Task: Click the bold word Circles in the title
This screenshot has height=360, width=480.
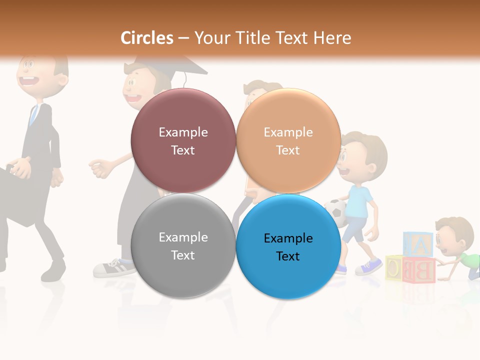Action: point(147,38)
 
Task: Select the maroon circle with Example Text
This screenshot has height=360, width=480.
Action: point(183,140)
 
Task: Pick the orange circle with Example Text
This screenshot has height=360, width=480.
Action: point(288,140)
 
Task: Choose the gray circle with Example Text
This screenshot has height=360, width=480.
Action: point(183,246)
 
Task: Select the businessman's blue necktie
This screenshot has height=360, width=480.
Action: point(33,115)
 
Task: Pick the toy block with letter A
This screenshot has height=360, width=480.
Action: point(418,244)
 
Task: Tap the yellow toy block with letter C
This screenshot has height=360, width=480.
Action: point(394,267)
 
